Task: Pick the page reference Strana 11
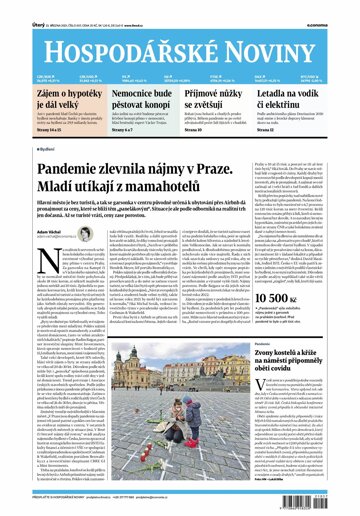pos(279,156)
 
